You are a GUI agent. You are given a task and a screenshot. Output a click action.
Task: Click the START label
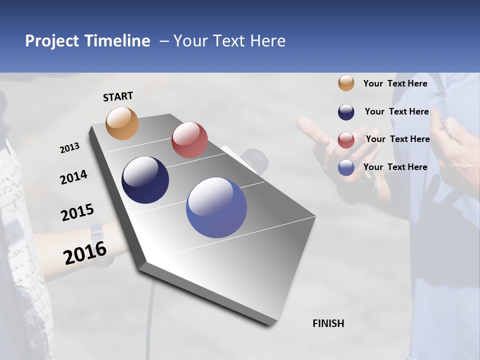118,96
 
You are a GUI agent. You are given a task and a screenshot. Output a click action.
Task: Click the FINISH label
328,323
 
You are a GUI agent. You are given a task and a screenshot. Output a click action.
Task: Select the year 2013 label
69,148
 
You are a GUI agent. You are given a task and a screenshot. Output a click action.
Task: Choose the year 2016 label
85,253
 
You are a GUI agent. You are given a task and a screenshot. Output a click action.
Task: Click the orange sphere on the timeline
122,123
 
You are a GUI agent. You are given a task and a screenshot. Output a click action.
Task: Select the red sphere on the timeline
189,140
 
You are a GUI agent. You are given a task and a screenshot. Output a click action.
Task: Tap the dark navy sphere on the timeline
145,180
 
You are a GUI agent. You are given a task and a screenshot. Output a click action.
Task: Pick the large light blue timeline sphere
216,207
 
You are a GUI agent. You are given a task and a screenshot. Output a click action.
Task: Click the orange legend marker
346,83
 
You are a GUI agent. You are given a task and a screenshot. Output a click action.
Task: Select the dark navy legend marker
346,112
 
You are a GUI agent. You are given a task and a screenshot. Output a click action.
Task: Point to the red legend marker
346,140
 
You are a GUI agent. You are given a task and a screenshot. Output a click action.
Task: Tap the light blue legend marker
346,167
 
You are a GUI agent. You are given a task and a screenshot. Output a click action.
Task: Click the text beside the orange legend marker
395,83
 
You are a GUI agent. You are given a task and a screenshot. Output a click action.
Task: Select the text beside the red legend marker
397,139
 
